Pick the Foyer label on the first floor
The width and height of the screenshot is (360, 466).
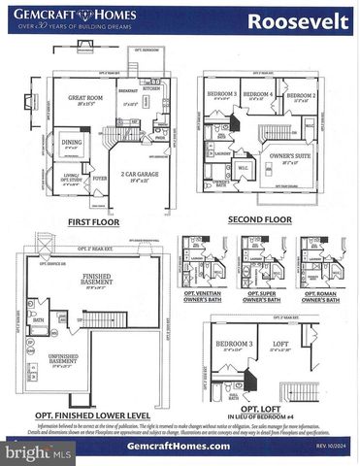[x=100, y=179]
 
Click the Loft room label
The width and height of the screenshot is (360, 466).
[x=279, y=345]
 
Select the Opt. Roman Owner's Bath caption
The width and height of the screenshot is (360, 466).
[x=319, y=296]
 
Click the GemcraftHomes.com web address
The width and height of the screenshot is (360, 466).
[x=179, y=446]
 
